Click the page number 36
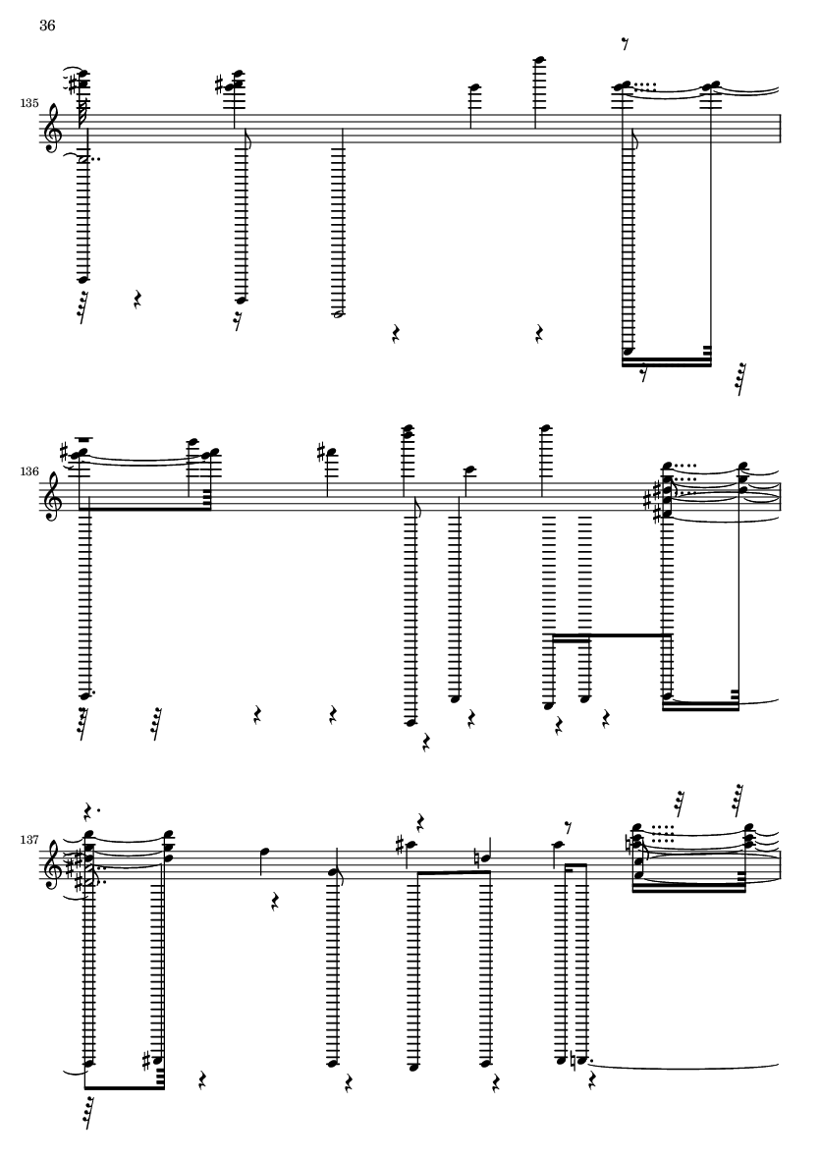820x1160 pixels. click(x=46, y=26)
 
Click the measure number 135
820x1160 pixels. click(x=28, y=103)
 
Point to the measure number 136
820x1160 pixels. click(x=28, y=470)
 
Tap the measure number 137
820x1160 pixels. click(x=28, y=841)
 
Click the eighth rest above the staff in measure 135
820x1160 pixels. click(x=626, y=44)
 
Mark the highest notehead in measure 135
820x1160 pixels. click(x=540, y=60)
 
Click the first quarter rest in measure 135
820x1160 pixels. click(x=137, y=300)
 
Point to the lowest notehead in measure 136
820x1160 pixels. click(x=410, y=723)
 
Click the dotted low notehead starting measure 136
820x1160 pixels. click(x=86, y=695)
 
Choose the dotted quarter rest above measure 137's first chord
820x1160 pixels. click(x=90, y=810)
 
